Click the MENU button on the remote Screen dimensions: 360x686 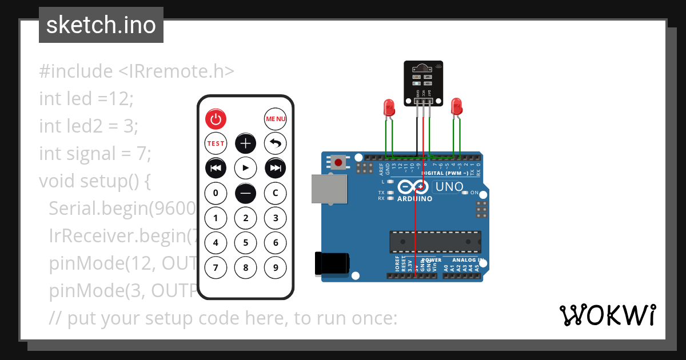(276, 119)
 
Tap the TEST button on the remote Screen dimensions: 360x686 (216, 143)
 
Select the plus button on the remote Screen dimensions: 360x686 (246, 143)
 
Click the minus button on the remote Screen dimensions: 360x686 (246, 193)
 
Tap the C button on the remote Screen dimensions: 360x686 (276, 193)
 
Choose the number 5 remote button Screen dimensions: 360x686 (246, 242)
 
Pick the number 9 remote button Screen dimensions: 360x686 (276, 267)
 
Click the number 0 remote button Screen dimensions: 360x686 (216, 193)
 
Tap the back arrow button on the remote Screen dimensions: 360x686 (276, 143)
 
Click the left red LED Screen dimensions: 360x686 (389, 107)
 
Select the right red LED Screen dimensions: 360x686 (456, 106)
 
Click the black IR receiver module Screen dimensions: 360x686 (423, 83)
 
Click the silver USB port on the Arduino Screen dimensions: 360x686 (329, 189)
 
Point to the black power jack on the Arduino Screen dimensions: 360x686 (331, 264)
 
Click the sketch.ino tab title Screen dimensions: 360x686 (101, 25)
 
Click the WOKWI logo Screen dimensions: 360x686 (608, 315)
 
